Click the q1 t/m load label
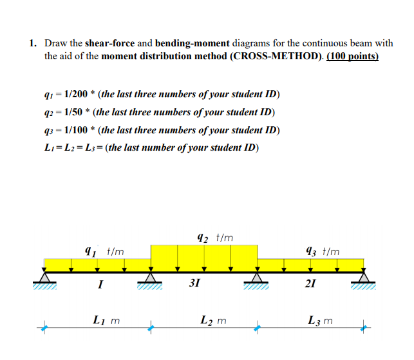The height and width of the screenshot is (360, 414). [104, 252]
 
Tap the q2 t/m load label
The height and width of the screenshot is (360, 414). [214, 238]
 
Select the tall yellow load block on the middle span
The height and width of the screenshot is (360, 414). [204, 258]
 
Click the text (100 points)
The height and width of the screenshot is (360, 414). [353, 56]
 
